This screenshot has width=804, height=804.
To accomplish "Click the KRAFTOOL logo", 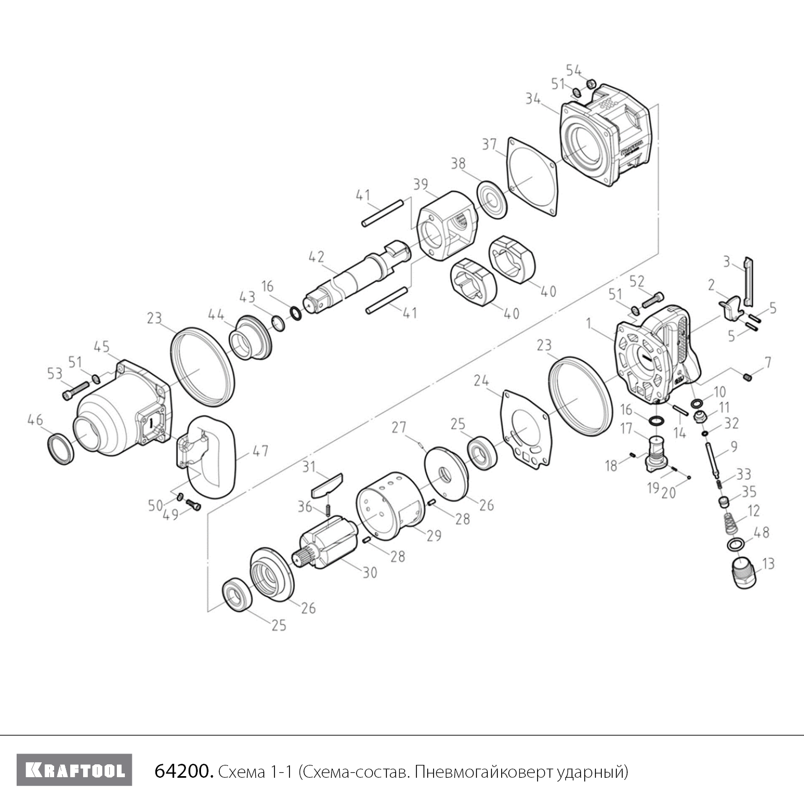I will tap(74, 770).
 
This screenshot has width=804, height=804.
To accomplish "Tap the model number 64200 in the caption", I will tap(184, 771).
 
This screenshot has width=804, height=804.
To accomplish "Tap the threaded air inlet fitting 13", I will tap(746, 574).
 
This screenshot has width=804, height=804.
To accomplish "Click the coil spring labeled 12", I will tap(733, 523).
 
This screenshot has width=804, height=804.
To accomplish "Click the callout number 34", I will tap(533, 99).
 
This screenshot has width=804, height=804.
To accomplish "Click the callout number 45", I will tap(102, 347).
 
